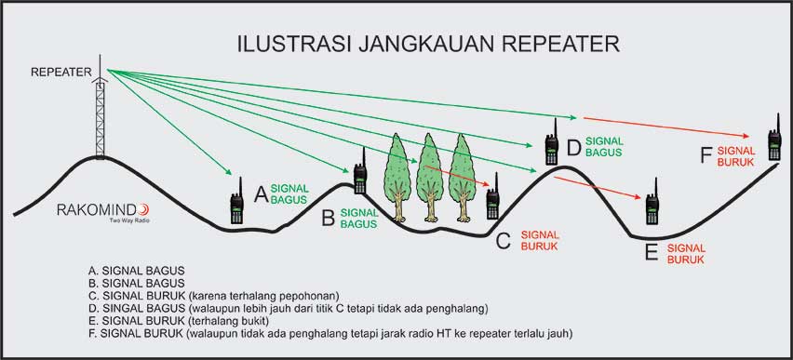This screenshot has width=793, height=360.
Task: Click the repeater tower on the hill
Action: click(99, 116)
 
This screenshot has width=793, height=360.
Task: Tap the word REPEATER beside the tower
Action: click(60, 72)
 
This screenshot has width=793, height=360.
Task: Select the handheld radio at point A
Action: click(237, 202)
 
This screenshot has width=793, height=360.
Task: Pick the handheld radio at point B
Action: click(359, 172)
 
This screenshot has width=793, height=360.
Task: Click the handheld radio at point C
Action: click(492, 197)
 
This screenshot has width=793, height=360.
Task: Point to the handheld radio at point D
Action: click(551, 144)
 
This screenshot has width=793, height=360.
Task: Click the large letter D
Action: click(574, 146)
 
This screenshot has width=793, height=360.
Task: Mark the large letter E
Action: click(652, 252)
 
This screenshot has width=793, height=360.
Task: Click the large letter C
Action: click(503, 242)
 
